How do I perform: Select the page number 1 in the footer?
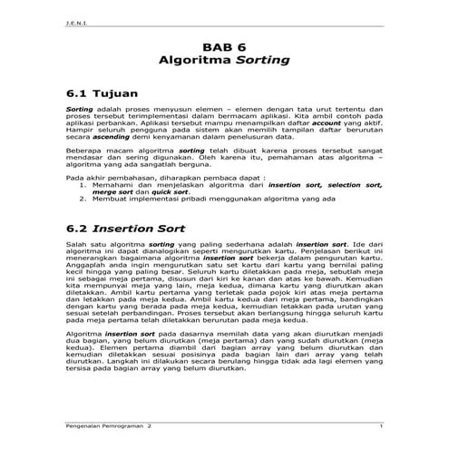(382, 425)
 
